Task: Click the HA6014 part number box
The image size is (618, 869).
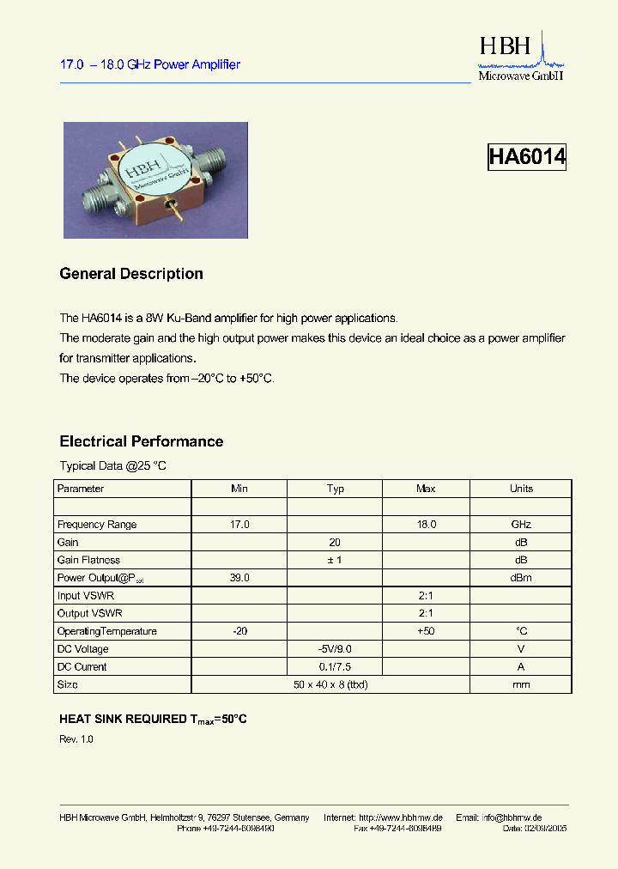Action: click(526, 156)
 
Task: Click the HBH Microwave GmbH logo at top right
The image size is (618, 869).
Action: click(520, 58)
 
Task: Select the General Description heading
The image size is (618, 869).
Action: click(131, 274)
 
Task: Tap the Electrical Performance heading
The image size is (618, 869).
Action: click(142, 441)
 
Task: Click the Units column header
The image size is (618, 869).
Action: click(521, 489)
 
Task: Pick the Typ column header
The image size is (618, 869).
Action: click(335, 489)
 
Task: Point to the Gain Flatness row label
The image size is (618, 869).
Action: click(88, 560)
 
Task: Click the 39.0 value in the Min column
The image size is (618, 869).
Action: click(239, 578)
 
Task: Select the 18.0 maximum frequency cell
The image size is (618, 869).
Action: click(426, 525)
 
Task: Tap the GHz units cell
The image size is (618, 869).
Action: click(521, 525)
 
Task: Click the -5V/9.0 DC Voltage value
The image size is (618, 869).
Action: click(335, 649)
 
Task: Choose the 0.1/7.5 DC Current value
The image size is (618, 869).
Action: click(335, 667)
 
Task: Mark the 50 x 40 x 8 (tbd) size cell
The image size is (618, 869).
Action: click(335, 684)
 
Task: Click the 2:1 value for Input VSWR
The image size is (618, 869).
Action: click(426, 596)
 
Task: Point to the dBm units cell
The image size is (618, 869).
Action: click(521, 578)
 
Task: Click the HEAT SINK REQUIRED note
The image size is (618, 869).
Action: click(153, 720)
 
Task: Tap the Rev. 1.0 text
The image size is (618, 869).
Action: click(76, 739)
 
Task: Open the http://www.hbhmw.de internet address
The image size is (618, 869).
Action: click(400, 817)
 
